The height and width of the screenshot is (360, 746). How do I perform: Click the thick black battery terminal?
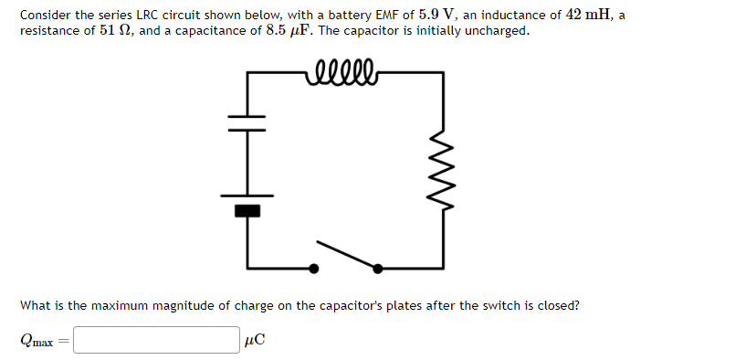coord(247,211)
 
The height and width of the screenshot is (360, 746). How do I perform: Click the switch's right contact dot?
coord(378,268)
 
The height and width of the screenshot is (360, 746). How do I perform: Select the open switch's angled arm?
coord(347,255)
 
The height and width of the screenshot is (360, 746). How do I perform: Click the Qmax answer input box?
coord(156,340)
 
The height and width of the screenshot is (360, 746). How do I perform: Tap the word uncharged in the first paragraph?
coord(496,32)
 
